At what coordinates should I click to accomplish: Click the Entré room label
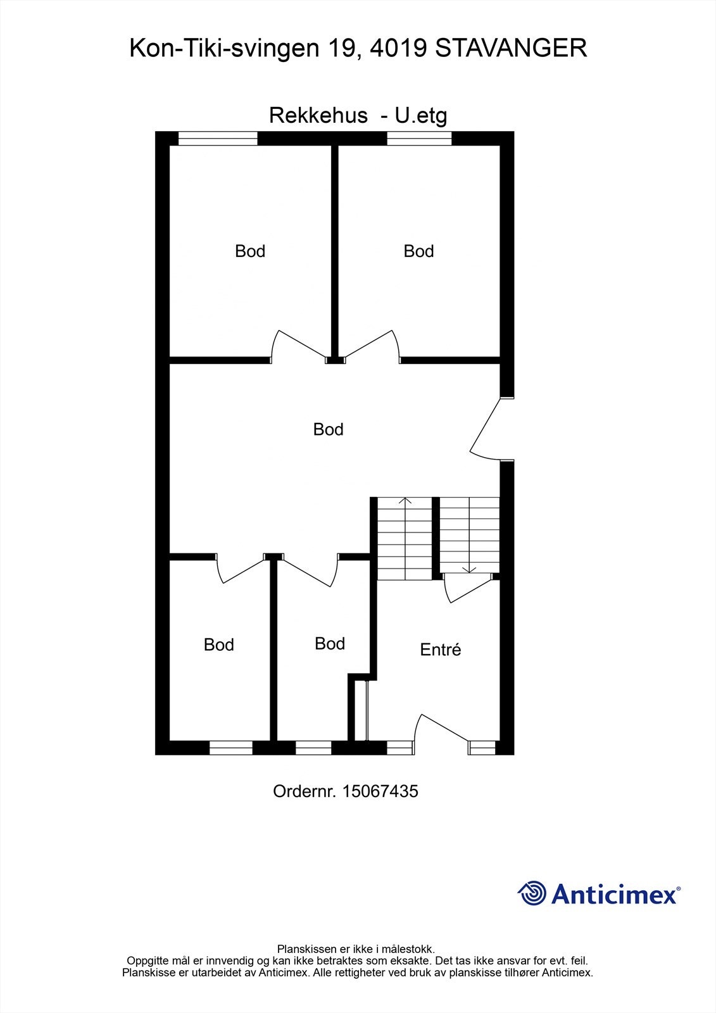click(x=441, y=650)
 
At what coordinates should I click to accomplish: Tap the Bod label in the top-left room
click(x=250, y=251)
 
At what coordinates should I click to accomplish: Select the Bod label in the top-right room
click(x=418, y=251)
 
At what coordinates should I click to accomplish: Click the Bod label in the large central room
click(x=328, y=429)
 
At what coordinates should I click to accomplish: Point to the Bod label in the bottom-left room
click(x=219, y=645)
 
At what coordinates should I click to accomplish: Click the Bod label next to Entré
click(x=330, y=643)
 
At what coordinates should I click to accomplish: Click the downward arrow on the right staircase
click(x=468, y=569)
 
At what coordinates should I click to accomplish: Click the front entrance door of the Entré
click(x=443, y=728)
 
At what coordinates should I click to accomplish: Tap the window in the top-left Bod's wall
click(x=218, y=138)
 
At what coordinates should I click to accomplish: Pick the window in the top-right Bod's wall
click(x=418, y=138)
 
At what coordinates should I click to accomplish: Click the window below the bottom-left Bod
click(x=231, y=748)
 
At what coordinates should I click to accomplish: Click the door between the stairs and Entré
click(x=467, y=589)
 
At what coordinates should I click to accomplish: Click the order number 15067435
click(x=380, y=791)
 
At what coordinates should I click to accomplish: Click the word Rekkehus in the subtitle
click(x=318, y=115)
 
